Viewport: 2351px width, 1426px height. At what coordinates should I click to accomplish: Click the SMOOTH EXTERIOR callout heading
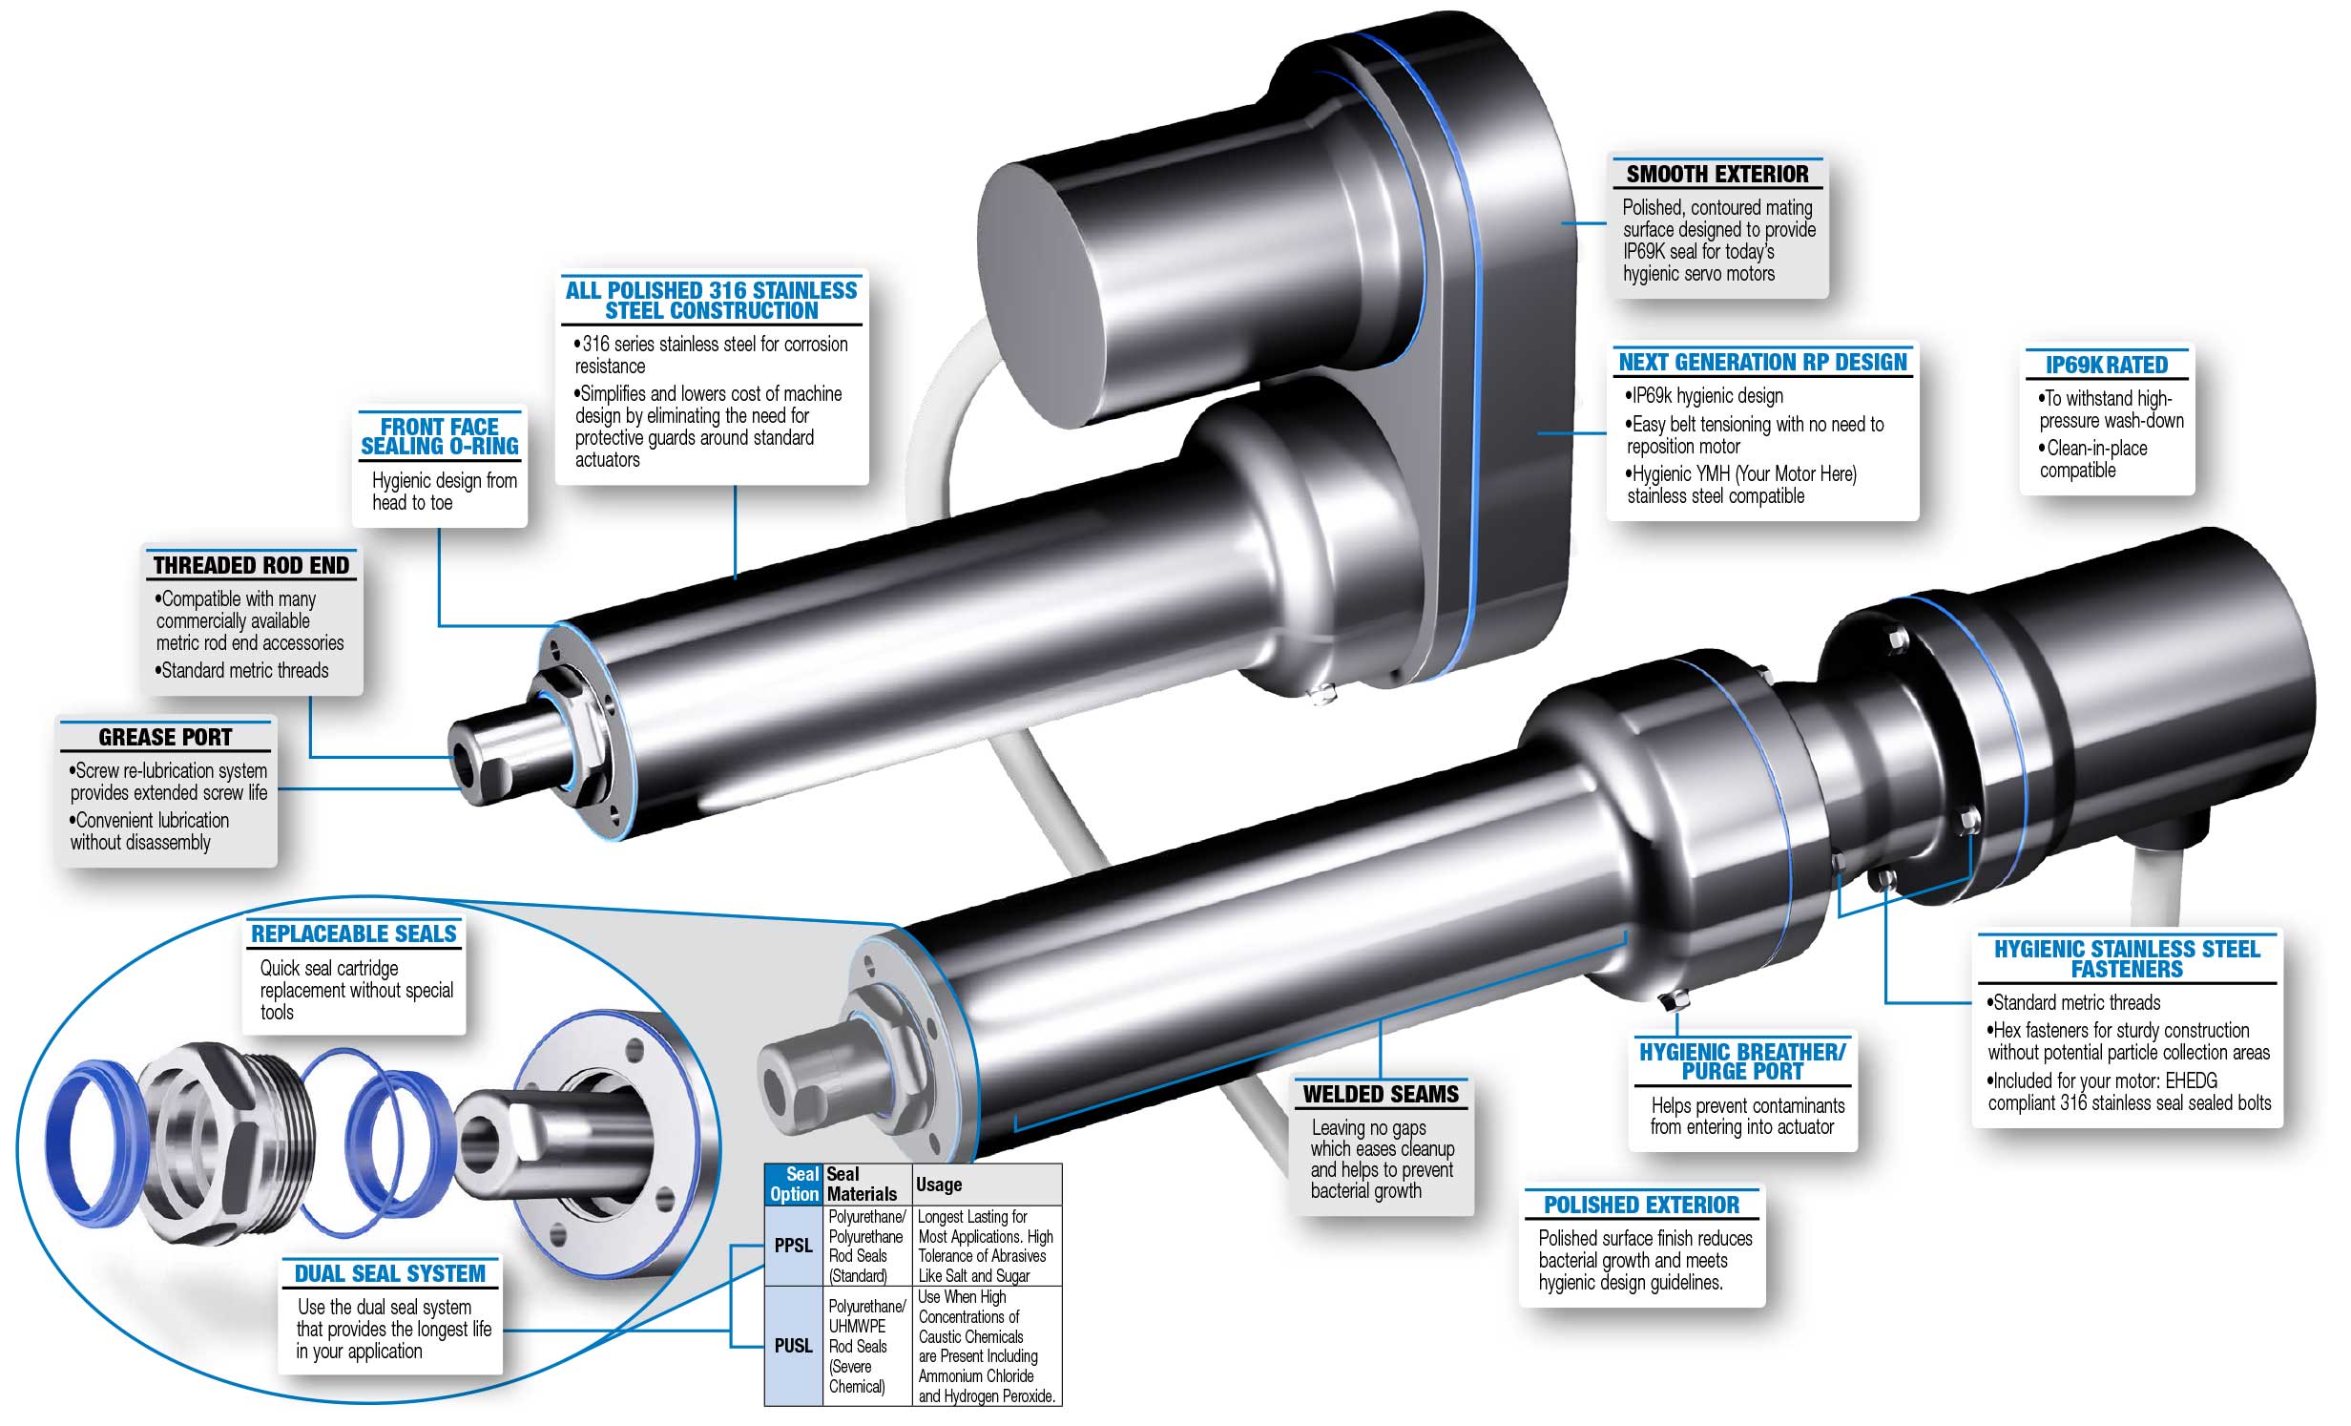click(x=1716, y=174)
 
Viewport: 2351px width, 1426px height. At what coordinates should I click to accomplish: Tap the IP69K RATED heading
click(x=2106, y=365)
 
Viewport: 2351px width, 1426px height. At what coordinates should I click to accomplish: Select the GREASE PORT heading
click(x=165, y=737)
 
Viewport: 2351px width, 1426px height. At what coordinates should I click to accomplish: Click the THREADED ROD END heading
click(x=251, y=565)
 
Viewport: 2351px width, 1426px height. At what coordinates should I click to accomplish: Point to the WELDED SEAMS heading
click(x=1381, y=1094)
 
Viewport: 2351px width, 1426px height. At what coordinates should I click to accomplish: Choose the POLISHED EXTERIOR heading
click(x=1641, y=1205)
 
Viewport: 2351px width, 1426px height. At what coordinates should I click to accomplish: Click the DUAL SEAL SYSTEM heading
click(x=389, y=1273)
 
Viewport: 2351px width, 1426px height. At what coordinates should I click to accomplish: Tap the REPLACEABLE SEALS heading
click(x=354, y=933)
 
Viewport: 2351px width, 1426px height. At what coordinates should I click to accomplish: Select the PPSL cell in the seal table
click(x=793, y=1246)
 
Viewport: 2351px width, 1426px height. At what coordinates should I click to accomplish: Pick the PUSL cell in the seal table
click(x=793, y=1346)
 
